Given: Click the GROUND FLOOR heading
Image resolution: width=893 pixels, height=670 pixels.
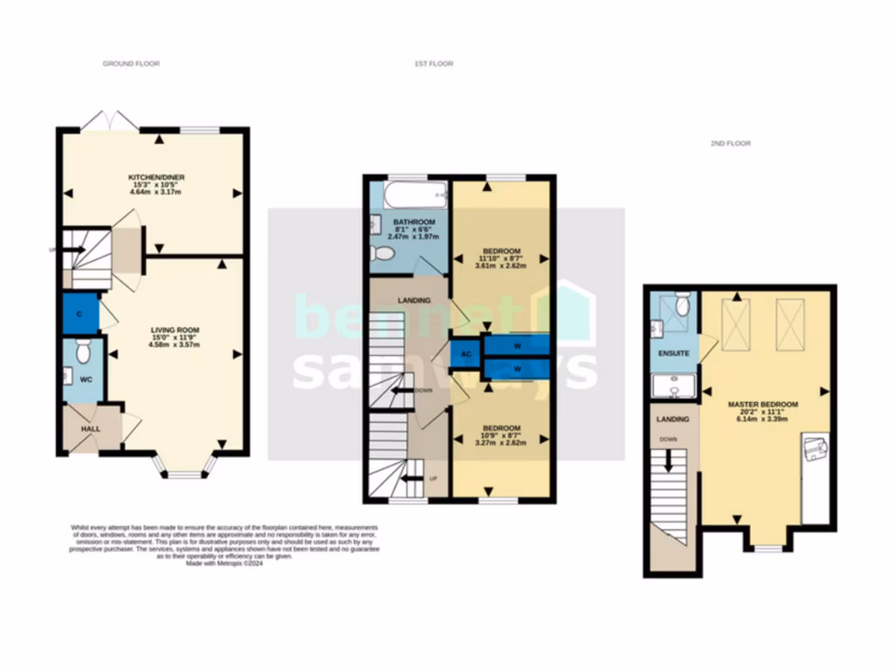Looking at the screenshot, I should pyautogui.click(x=131, y=64).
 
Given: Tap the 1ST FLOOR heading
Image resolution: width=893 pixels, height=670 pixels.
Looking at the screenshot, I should pyautogui.click(x=433, y=64).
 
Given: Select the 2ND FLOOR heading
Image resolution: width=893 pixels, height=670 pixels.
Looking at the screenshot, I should pyautogui.click(x=730, y=143).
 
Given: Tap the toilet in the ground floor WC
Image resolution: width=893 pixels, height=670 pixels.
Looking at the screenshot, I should pyautogui.click(x=84, y=352).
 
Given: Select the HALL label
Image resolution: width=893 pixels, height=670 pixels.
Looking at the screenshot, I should pyautogui.click(x=92, y=430).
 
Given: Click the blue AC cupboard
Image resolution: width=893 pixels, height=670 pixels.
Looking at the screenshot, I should pyautogui.click(x=466, y=355).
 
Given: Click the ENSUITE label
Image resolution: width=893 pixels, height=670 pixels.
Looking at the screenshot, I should pyautogui.click(x=673, y=354).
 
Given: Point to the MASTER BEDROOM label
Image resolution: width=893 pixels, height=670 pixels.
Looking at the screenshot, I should pyautogui.click(x=763, y=405).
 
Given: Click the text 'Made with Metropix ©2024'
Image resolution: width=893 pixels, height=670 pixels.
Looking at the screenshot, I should pyautogui.click(x=225, y=564).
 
